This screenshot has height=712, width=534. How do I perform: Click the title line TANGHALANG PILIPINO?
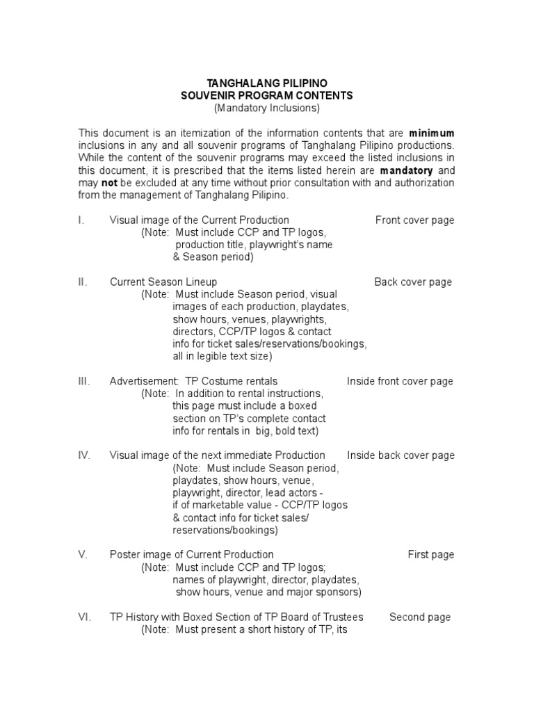pos(266,83)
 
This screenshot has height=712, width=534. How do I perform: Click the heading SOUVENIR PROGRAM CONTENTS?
pos(266,95)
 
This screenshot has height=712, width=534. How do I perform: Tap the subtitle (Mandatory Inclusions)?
pos(266,108)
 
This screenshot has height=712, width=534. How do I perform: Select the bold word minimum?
pos(432,133)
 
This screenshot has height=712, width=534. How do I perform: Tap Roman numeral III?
pos(83,381)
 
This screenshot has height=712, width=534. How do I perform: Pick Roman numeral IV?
pos(84,455)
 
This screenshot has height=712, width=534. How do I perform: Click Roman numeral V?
pos(82,555)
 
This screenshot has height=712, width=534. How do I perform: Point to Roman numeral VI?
pos(84,617)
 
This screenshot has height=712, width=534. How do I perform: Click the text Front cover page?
pos(414,220)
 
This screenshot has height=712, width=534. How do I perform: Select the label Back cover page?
pos(413,282)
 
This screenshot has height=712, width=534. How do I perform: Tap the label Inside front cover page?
pos(400,381)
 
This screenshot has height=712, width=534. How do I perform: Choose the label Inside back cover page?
pos(400,455)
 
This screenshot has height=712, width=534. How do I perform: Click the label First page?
pos(430,555)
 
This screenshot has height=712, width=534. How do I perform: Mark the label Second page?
pos(420,617)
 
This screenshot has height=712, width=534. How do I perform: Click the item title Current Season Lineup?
pos(163,282)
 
